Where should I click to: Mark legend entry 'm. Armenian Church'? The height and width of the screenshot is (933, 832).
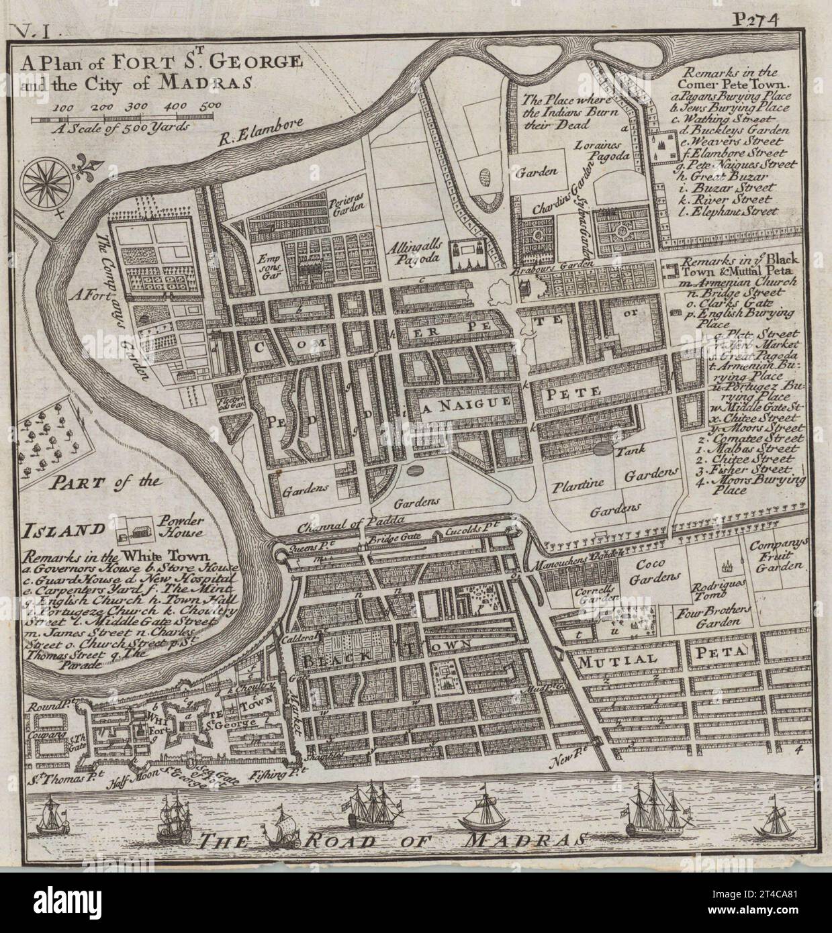tap(737, 282)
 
